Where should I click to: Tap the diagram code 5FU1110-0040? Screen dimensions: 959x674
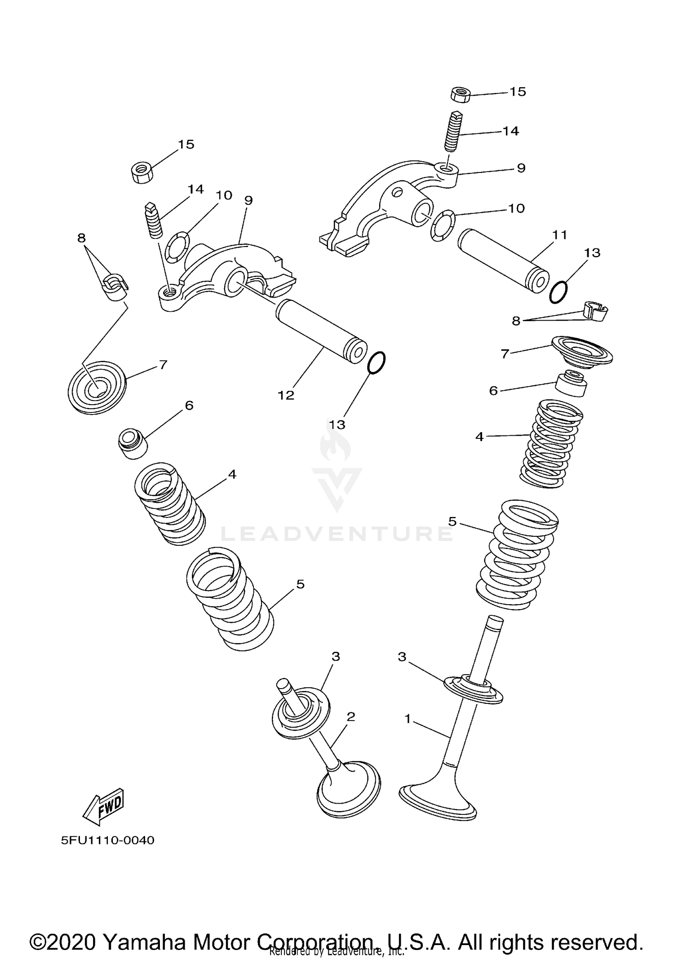point(108,840)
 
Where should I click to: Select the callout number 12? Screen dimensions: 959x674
point(286,395)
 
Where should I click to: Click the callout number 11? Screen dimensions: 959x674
point(560,234)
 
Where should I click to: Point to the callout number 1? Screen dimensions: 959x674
point(408,719)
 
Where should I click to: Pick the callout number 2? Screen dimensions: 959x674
point(351,716)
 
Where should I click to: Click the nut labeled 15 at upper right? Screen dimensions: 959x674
point(460,94)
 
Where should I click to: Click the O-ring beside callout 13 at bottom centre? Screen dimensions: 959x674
point(376,362)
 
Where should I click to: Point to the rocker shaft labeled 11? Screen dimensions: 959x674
point(503,261)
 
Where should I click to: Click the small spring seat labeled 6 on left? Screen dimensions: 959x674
point(133,444)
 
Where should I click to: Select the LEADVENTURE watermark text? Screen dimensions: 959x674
point(337,534)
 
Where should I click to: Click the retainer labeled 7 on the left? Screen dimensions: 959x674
point(97,387)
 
